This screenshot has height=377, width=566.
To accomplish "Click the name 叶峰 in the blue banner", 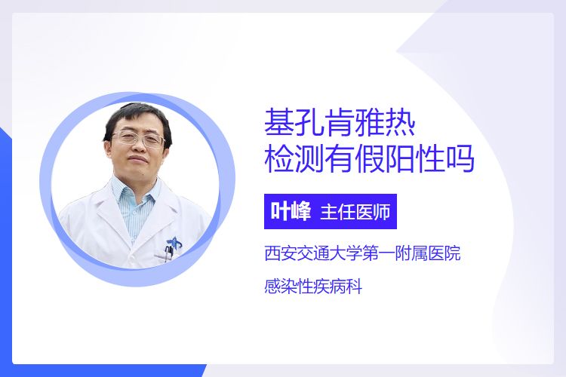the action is click(x=291, y=211).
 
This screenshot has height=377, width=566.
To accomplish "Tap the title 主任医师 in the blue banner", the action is click(x=355, y=212).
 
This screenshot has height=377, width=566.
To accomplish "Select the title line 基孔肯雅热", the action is click(x=340, y=122).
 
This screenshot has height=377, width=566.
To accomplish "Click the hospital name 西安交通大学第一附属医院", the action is click(x=362, y=253).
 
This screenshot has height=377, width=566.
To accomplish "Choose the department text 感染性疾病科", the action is click(x=313, y=287).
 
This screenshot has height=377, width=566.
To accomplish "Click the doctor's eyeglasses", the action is click(x=138, y=139).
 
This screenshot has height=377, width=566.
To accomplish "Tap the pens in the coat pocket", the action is click(x=168, y=252).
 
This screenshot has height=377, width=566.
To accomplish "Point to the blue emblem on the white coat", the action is click(x=174, y=244).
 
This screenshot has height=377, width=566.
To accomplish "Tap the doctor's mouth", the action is click(x=137, y=159).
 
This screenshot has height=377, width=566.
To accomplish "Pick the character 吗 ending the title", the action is click(x=460, y=159).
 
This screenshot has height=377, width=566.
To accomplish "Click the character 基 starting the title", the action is click(x=278, y=122).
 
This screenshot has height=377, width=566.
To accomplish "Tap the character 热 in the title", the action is click(x=401, y=122).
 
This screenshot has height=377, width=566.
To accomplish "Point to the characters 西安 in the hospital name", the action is click(x=281, y=253).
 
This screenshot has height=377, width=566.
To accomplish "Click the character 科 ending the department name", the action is click(x=354, y=287).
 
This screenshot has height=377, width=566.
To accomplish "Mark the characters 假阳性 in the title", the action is click(x=399, y=159).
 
